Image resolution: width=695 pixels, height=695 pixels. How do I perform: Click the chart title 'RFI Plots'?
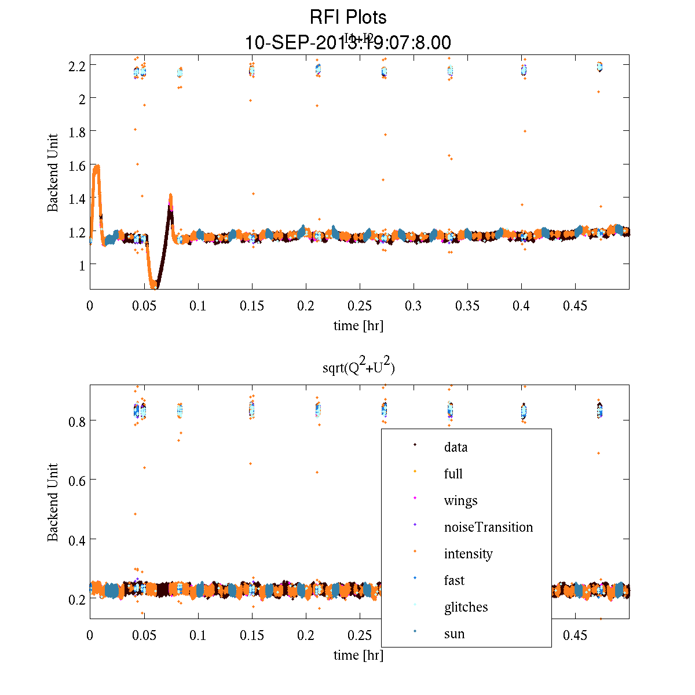point(348,17)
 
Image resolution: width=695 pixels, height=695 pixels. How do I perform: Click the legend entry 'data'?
point(456,447)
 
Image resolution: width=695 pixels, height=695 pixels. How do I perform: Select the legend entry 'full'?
point(453,474)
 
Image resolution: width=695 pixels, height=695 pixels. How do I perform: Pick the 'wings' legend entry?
point(460,500)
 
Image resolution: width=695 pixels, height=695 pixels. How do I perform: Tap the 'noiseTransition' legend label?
point(488,527)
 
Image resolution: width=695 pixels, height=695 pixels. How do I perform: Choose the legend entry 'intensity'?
point(468,554)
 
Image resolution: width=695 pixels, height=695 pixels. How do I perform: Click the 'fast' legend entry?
point(454,580)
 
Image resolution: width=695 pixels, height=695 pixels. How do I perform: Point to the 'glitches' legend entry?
point(466,607)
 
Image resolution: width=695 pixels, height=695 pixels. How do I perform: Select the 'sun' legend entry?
point(454,634)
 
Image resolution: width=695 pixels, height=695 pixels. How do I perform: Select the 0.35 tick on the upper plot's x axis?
point(467,306)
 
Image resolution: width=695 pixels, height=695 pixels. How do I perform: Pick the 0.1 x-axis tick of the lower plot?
point(197,635)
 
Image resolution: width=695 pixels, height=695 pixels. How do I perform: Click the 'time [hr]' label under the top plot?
point(358,325)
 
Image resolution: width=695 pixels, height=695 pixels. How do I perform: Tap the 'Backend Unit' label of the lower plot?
point(53,502)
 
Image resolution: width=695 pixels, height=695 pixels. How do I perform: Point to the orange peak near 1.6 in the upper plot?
point(97,167)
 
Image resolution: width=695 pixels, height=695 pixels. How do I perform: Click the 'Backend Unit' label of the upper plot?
point(53,173)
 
